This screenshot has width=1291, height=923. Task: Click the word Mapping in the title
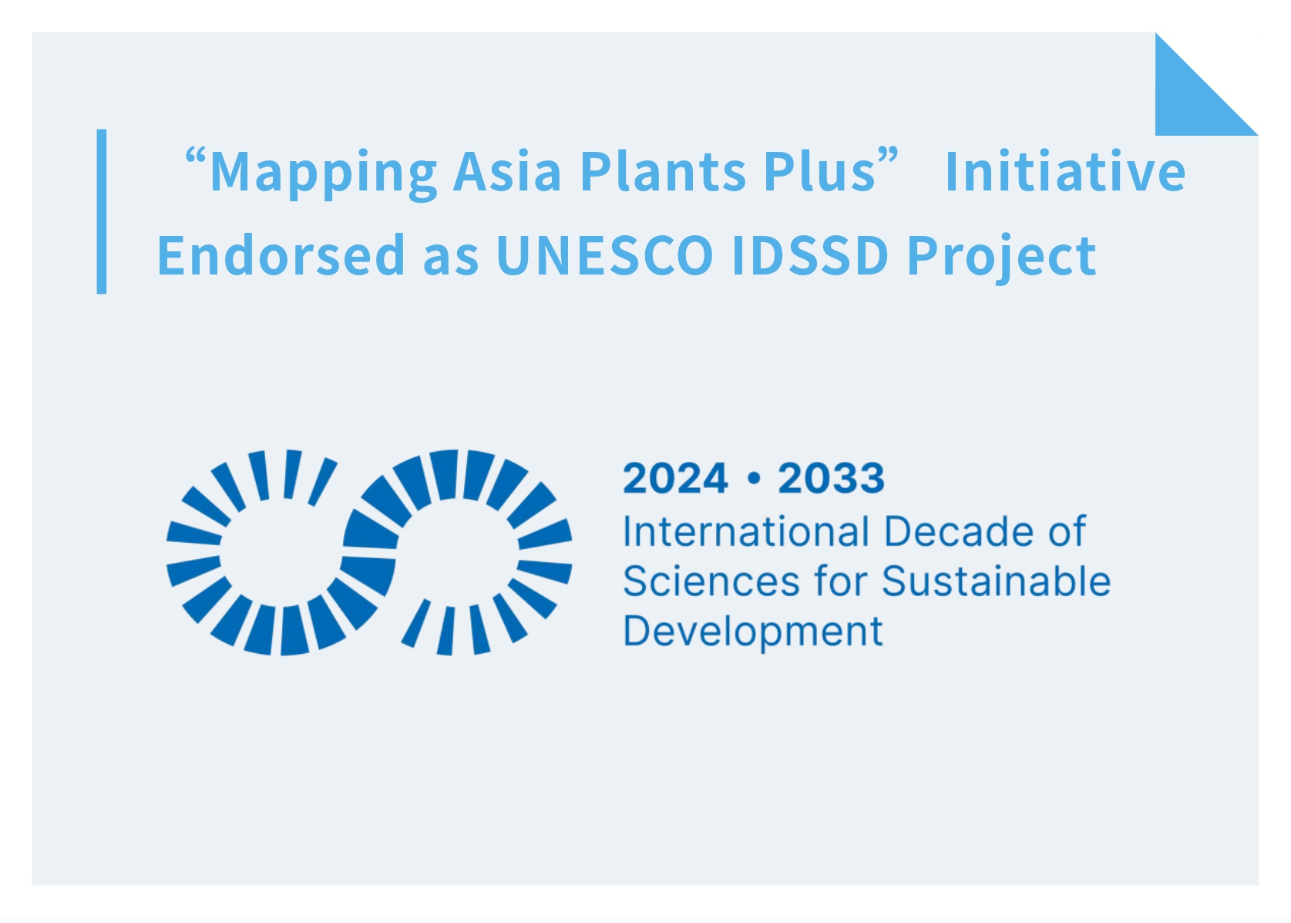[323, 173]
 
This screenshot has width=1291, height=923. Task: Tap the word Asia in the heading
[506, 170]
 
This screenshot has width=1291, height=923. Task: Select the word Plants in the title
[663, 170]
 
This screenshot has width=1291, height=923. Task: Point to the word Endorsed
[281, 254]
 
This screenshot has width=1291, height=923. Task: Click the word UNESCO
[604, 254]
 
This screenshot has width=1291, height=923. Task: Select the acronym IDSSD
[810, 254]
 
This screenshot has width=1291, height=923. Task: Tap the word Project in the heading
[1002, 258]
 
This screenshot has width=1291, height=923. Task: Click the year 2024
[675, 478]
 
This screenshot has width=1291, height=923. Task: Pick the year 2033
[831, 478]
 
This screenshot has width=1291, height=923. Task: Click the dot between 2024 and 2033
[753, 479]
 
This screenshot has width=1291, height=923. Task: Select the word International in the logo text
[746, 531]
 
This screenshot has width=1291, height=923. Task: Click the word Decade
[959, 531]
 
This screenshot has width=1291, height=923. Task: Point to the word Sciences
[711, 581]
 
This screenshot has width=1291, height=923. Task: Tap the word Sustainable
[996, 581]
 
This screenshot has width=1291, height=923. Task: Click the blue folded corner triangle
[1189, 101]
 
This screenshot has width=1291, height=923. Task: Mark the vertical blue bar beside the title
[102, 211]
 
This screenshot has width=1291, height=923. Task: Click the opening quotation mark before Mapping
[195, 156]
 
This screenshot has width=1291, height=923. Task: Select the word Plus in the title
[820, 170]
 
